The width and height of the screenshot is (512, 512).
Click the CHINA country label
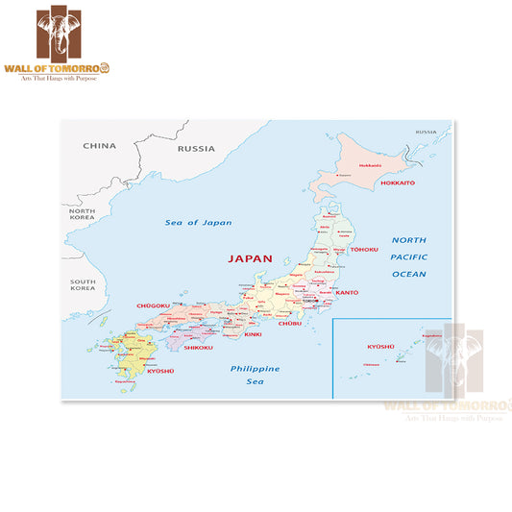click(99, 147)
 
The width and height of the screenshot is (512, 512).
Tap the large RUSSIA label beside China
click(197, 149)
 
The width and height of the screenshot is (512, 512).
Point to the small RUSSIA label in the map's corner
click(426, 131)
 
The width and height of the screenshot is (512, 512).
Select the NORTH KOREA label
click(82, 215)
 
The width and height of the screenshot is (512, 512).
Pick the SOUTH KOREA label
click(82, 285)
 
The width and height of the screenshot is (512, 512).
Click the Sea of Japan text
click(199, 223)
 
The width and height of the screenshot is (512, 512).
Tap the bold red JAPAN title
click(250, 258)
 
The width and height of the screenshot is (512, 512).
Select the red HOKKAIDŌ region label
click(397, 183)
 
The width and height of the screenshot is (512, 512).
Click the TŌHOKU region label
click(364, 250)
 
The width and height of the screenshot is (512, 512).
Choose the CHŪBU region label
click(290, 325)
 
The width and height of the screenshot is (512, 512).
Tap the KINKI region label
click(253, 334)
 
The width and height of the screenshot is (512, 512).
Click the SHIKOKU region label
click(198, 349)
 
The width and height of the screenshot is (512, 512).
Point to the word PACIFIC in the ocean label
click(408, 257)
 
